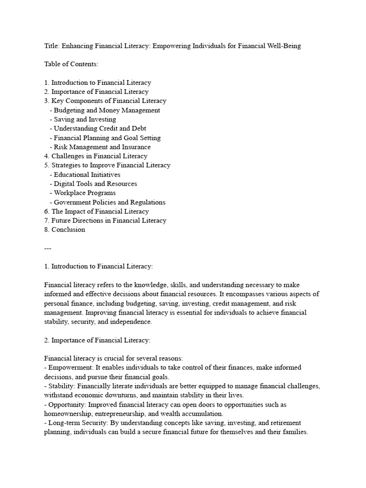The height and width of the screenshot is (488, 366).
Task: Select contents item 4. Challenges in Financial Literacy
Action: click(x=96, y=156)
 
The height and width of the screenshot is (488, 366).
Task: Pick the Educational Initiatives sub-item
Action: click(x=87, y=174)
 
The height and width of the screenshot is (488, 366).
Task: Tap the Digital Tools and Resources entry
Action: click(x=95, y=183)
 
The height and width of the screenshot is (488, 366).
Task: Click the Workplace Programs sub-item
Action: click(x=84, y=193)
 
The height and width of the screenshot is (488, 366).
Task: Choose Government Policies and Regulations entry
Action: click(x=110, y=202)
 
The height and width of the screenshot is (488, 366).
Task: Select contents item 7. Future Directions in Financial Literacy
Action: click(x=105, y=220)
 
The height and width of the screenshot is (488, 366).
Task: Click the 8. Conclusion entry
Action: click(x=65, y=230)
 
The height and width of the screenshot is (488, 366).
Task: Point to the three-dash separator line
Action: click(x=48, y=248)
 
